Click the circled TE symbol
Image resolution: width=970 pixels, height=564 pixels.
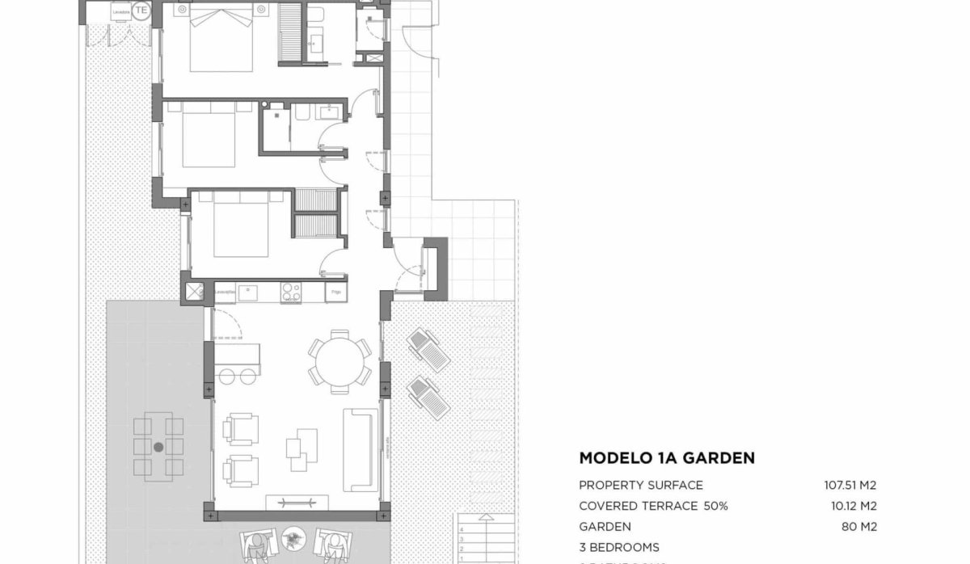[142, 11]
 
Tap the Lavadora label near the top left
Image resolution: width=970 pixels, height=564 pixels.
[121, 11]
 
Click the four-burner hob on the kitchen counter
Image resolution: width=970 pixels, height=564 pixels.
[290, 292]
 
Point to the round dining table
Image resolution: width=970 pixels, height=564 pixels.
[339, 364]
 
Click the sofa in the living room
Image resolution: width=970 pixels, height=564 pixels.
[361, 449]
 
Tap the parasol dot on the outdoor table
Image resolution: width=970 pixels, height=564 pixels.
[158, 446]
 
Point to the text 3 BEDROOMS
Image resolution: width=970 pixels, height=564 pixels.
[619, 547]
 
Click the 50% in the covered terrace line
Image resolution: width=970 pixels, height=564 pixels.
[715, 507]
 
